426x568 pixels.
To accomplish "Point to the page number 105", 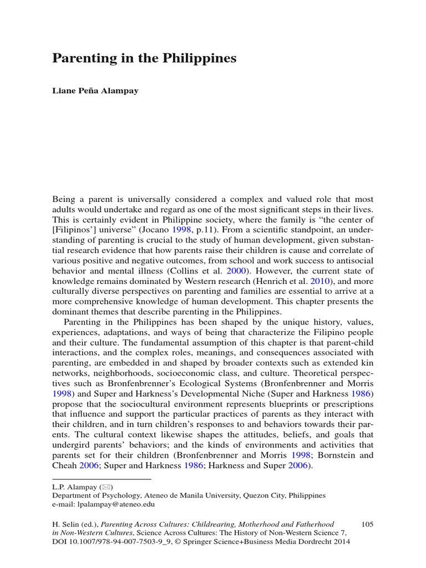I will (367, 524).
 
